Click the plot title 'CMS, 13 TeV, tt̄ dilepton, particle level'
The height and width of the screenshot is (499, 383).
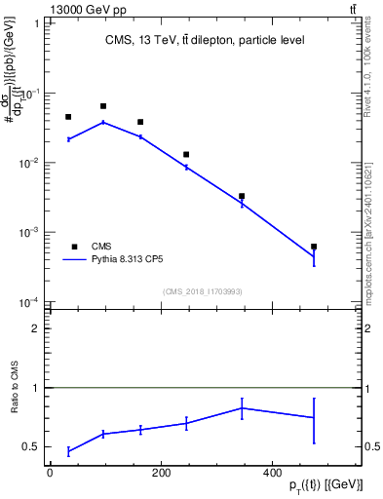pos(205,40)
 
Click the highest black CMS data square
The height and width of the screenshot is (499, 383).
pos(103,105)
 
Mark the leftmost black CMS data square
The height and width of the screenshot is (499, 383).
pos(68,117)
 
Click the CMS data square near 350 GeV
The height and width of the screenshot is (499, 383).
pos(242,196)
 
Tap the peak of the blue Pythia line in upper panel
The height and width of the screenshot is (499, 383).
pos(103,122)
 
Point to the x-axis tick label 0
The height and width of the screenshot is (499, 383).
pos(50,473)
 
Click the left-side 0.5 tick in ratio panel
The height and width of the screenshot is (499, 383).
pos(33,447)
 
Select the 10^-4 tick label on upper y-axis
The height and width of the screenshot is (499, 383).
pos(29,302)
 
